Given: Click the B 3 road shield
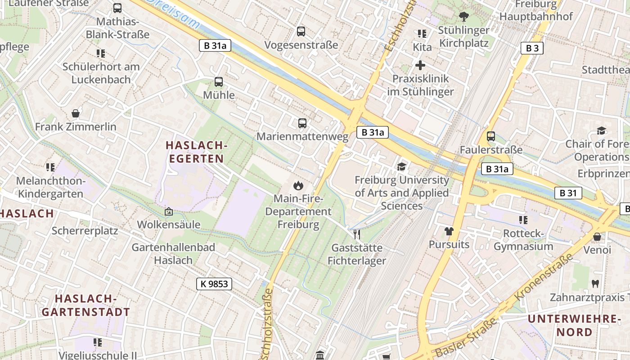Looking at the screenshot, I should tap(532, 48).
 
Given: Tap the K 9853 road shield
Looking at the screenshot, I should tap(214, 283).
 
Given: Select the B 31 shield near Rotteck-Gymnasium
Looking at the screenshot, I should tap(568, 193).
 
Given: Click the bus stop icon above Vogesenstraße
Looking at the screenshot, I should tap(301, 31).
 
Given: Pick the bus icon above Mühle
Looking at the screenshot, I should tap(219, 81).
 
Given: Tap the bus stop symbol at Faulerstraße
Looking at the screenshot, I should tap(491, 136).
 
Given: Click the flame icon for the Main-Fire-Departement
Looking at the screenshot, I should tap(297, 185).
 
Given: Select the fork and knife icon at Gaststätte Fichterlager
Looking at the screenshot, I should tap(357, 234).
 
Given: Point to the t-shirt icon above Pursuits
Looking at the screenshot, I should tap(449, 231).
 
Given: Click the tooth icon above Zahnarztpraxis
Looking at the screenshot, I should tap(595, 283).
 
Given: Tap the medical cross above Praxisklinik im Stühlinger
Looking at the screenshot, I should tap(420, 65).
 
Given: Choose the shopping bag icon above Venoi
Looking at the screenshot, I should tap(597, 236).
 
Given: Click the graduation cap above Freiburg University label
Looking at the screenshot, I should tap(401, 166).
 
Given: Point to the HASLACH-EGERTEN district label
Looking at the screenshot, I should tap(195, 152).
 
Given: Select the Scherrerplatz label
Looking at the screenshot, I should tap(85, 231).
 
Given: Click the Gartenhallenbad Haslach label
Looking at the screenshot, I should tap(173, 253).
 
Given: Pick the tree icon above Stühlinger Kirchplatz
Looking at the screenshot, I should tap(463, 17).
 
